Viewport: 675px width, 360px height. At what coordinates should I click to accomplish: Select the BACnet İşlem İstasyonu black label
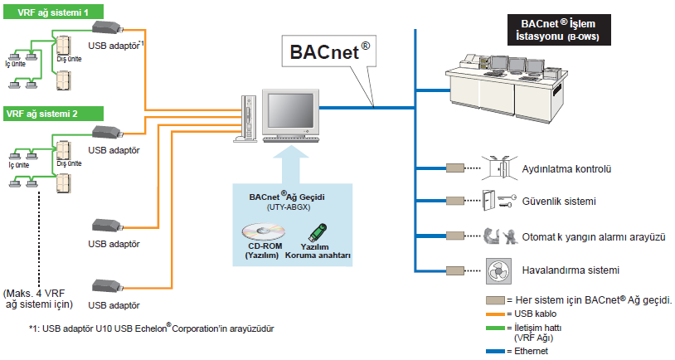[555, 31]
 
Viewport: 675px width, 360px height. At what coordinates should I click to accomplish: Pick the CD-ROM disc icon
[263, 231]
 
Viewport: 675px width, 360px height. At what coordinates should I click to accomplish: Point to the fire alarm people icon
[496, 236]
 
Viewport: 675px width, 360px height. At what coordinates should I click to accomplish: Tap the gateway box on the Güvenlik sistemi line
[455, 202]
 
